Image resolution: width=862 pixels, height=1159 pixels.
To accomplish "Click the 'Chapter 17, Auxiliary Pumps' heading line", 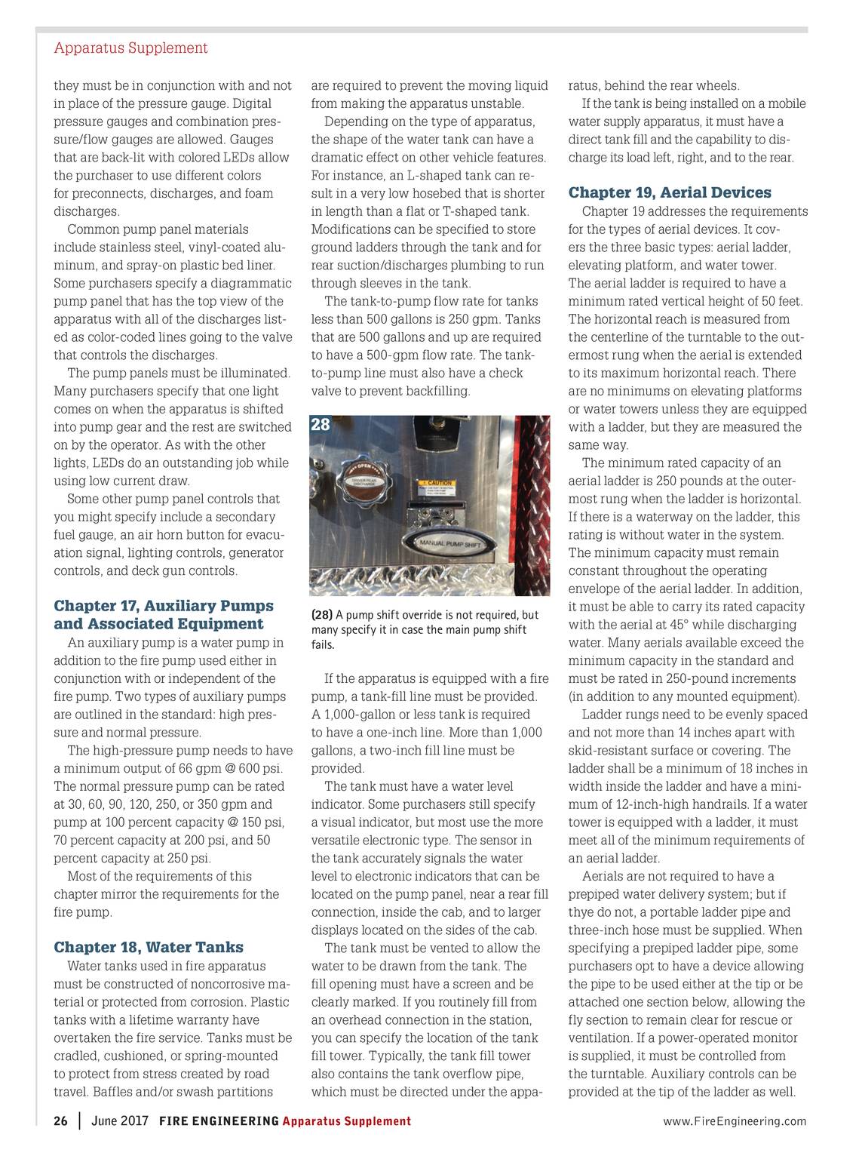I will pyautogui.click(x=164, y=606).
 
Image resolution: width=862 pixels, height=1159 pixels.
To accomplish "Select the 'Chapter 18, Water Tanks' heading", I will pyautogui.click(x=149, y=947).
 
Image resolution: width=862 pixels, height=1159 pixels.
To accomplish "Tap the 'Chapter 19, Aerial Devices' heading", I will pyautogui.click(x=670, y=192).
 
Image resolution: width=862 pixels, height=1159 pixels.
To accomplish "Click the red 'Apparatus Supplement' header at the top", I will pyautogui.click(x=130, y=48).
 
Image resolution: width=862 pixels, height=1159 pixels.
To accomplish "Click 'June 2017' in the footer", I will pyautogui.click(x=119, y=1121).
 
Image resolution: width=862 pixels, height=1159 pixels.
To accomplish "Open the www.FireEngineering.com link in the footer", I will pyautogui.click(x=735, y=1121).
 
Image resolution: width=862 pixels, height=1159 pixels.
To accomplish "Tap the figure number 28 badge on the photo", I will pyautogui.click(x=321, y=425).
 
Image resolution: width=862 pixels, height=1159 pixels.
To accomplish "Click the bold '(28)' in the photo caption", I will pyautogui.click(x=322, y=615).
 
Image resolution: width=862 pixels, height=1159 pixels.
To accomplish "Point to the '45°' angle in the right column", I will pyautogui.click(x=701, y=625).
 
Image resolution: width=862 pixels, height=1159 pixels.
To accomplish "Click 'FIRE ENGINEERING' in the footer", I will pyautogui.click(x=219, y=1121).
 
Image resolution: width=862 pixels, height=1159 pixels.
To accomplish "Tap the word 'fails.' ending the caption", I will pyautogui.click(x=323, y=645).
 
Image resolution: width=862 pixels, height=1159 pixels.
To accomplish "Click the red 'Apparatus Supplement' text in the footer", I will pyautogui.click(x=347, y=1121).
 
